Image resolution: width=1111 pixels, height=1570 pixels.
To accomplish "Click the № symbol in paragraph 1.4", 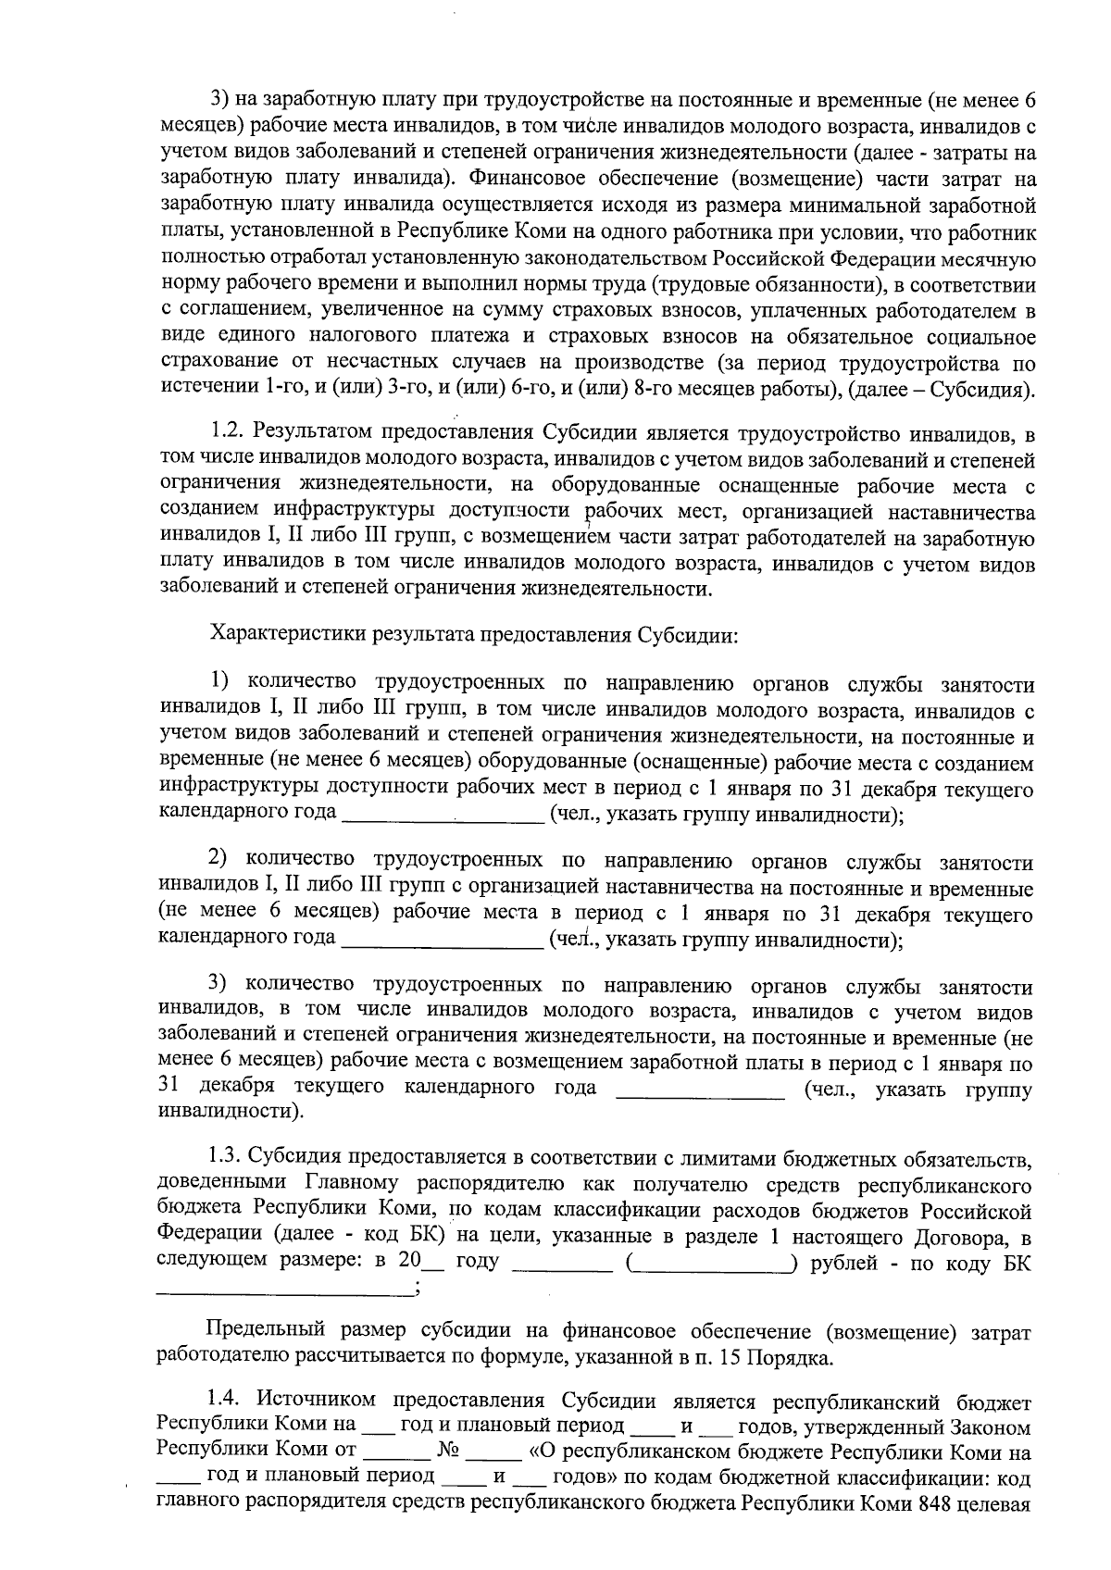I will pos(454,1450).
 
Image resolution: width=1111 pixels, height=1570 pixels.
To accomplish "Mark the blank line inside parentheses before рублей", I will pos(710,1265).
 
